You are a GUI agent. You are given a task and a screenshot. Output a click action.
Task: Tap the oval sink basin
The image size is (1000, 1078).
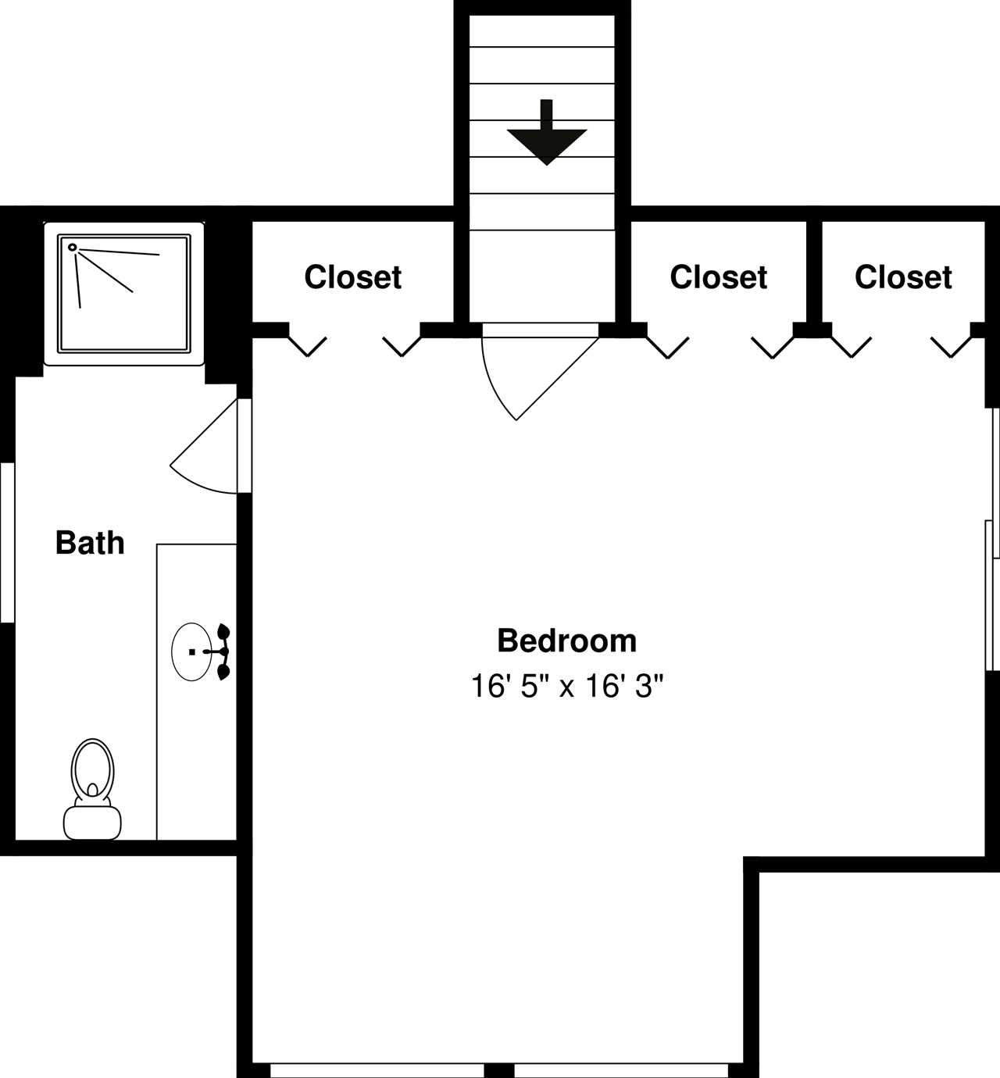pyautogui.click(x=191, y=651)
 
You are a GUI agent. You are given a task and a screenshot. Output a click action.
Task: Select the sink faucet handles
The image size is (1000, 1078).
pyautogui.click(x=222, y=652)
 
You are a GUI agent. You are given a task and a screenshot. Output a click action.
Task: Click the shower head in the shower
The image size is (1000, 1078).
pyautogui.click(x=72, y=247)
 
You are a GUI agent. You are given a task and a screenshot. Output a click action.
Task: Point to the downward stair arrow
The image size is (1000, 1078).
pyautogui.click(x=547, y=132)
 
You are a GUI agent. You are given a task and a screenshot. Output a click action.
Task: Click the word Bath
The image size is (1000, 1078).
pyautogui.click(x=90, y=543)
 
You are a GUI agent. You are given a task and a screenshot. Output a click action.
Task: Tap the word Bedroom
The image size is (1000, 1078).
pyautogui.click(x=566, y=641)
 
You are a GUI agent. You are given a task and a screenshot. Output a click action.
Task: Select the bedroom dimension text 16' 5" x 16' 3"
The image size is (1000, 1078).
pyautogui.click(x=566, y=686)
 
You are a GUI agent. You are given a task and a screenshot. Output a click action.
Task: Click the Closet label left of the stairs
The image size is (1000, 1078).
pyautogui.click(x=353, y=277)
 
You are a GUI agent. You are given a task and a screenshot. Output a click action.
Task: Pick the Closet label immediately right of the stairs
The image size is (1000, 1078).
pyautogui.click(x=718, y=277)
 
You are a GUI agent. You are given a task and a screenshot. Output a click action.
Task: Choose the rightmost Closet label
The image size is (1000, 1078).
pyautogui.click(x=903, y=277)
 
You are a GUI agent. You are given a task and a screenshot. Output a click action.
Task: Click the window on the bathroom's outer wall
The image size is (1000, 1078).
pyautogui.click(x=7, y=542)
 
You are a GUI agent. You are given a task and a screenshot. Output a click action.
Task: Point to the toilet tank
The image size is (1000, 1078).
pyautogui.click(x=92, y=823)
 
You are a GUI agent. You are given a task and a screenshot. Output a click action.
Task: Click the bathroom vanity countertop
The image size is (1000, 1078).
pyautogui.click(x=197, y=692)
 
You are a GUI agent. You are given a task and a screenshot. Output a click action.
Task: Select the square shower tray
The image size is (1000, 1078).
pyautogui.click(x=123, y=294)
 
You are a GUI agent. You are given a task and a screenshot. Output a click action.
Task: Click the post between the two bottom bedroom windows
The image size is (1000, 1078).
pyautogui.click(x=499, y=1071)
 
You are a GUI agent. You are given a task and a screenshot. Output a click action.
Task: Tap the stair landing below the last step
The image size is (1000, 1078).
pyautogui.click(x=542, y=277)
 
